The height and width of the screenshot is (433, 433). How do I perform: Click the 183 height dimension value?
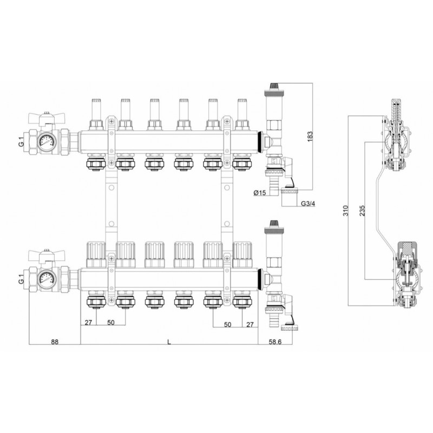click(x=310, y=136)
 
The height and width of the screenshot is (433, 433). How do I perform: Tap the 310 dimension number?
click(x=346, y=211)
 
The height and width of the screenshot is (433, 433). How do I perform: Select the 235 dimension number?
click(x=362, y=211)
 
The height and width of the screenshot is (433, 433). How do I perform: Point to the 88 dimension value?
click(x=55, y=342)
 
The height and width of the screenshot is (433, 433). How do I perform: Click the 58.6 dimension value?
click(x=275, y=342)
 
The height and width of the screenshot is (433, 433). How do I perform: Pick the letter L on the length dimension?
click(x=169, y=342)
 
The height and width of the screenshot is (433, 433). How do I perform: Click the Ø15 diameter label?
click(x=259, y=193)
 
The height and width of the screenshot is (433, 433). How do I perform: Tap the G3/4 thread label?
click(x=308, y=204)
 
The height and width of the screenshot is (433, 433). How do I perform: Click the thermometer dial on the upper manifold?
click(x=47, y=141)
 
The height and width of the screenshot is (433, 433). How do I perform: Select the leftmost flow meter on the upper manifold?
click(x=96, y=114)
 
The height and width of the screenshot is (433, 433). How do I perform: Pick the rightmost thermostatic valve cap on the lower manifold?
click(x=242, y=254)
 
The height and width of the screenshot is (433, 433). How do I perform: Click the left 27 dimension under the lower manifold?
click(x=88, y=323)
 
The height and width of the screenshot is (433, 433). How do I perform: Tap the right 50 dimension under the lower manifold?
click(x=227, y=324)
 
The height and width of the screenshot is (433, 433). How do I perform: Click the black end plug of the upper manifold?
click(x=260, y=141)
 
